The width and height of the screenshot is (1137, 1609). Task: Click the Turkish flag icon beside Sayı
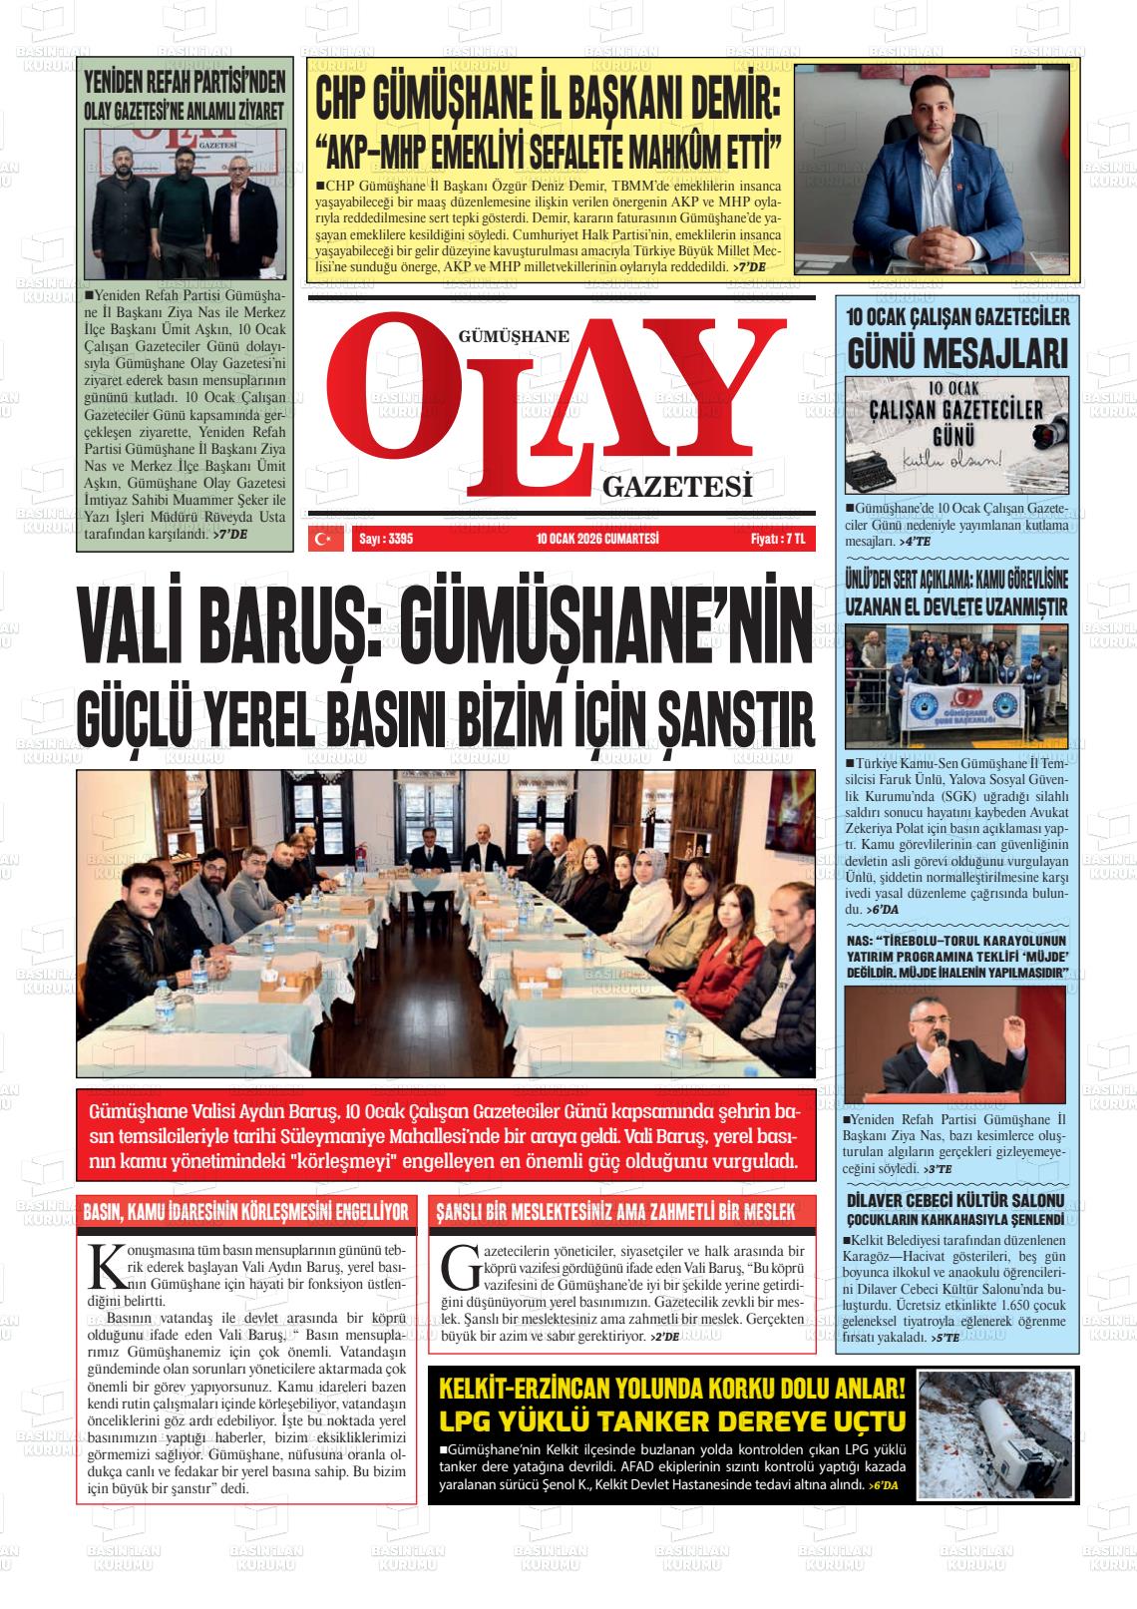(x=321, y=539)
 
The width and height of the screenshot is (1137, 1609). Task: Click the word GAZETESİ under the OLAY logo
(x=676, y=486)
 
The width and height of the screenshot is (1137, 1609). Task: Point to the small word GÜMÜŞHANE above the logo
(x=513, y=337)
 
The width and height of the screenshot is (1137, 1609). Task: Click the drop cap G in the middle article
(x=461, y=1266)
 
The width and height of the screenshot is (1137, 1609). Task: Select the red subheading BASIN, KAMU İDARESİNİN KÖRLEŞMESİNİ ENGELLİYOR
(x=245, y=1213)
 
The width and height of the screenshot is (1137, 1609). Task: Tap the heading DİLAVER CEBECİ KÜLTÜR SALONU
(x=955, y=1200)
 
